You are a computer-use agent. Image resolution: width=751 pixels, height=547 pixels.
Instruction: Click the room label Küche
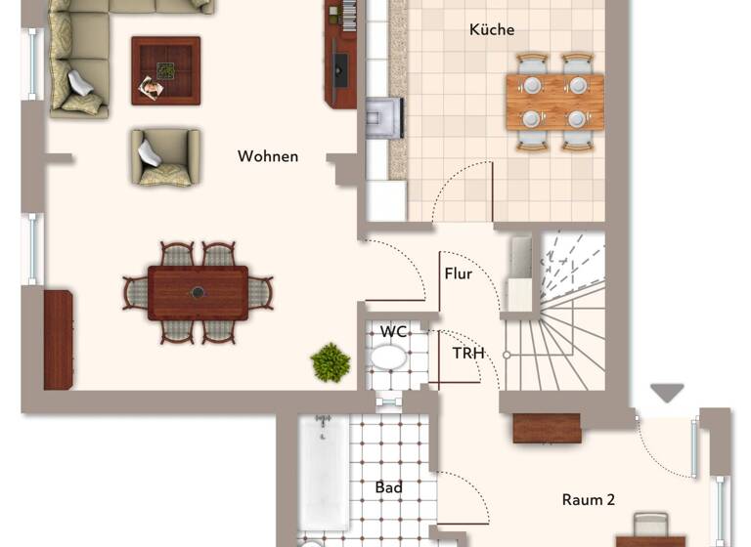pos(491,30)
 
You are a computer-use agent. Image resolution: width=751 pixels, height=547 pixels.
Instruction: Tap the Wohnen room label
pos(268,156)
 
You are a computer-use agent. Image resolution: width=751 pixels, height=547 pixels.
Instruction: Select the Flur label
pos(458,273)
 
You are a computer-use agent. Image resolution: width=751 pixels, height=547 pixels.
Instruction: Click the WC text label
pos(394,332)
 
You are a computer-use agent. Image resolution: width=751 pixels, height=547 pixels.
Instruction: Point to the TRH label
pos(468,352)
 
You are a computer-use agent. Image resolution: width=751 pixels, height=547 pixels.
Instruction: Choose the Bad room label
pos(389,487)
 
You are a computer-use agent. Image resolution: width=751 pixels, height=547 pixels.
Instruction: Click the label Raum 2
pos(588,499)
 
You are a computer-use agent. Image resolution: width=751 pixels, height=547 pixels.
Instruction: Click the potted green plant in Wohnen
pos(331,362)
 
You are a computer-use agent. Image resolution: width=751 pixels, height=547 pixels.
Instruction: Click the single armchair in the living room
pos(164,156)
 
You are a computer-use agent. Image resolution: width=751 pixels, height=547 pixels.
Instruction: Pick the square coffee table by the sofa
pos(165,70)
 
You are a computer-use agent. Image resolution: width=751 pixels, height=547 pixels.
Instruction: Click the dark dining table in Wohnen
pos(198,292)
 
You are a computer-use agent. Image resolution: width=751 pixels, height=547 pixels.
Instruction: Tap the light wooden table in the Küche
pos(553,102)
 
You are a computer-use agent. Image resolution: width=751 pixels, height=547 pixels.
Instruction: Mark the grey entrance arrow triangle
pos(668,393)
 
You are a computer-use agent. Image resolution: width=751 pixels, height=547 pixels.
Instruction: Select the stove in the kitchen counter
pos(383,117)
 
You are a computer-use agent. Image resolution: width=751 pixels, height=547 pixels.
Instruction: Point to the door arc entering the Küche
pos(460,190)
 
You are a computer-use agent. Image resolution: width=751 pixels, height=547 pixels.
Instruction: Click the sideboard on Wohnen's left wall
pos(58,339)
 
